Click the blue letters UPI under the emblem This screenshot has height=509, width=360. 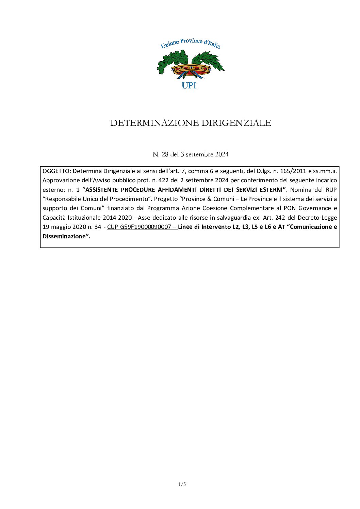tap(189, 85)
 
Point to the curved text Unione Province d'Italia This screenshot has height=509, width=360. tap(190, 44)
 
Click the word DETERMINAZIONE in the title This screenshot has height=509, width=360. tap(154, 123)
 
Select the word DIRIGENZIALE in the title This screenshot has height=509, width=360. tap(236, 123)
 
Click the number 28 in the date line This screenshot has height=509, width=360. tap(165, 154)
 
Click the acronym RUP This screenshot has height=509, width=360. tap(331, 189)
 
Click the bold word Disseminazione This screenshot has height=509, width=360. tap(63, 236)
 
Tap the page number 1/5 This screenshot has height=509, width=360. tap(182, 484)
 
